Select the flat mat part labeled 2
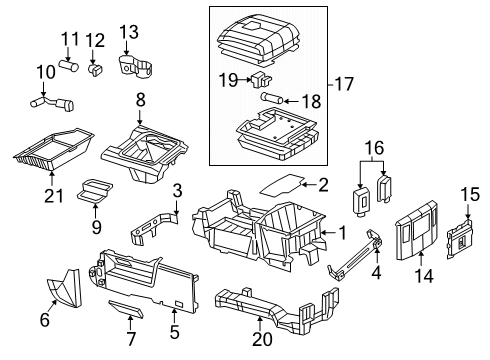[282, 183]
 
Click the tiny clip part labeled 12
[95, 71]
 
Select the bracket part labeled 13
[136, 68]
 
